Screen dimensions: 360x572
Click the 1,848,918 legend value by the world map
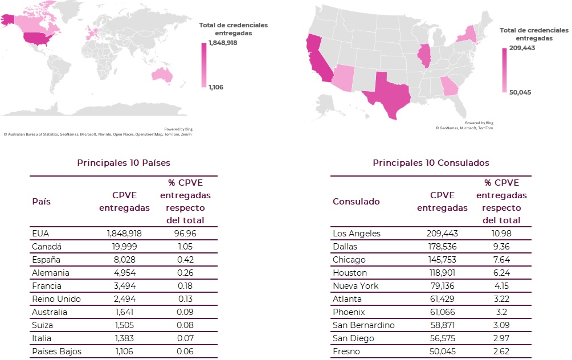(x=223, y=43)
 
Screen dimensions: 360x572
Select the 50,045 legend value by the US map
(x=520, y=92)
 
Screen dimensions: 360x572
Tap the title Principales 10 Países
(x=124, y=163)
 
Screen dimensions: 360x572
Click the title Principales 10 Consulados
(x=431, y=163)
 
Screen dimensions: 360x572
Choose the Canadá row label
(x=47, y=246)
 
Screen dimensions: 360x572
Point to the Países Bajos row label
(x=56, y=351)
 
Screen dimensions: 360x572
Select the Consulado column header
(x=356, y=201)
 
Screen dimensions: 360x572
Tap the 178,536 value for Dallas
(x=442, y=246)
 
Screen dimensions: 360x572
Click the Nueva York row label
(x=356, y=285)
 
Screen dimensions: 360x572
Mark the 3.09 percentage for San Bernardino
(x=501, y=325)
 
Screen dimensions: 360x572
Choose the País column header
(x=42, y=201)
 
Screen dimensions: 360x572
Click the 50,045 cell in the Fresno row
(x=442, y=351)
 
